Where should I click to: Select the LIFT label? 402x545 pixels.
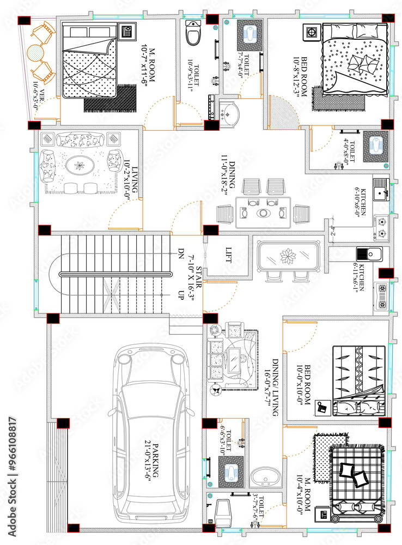[229, 255]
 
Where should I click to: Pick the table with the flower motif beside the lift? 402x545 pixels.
[287, 256]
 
